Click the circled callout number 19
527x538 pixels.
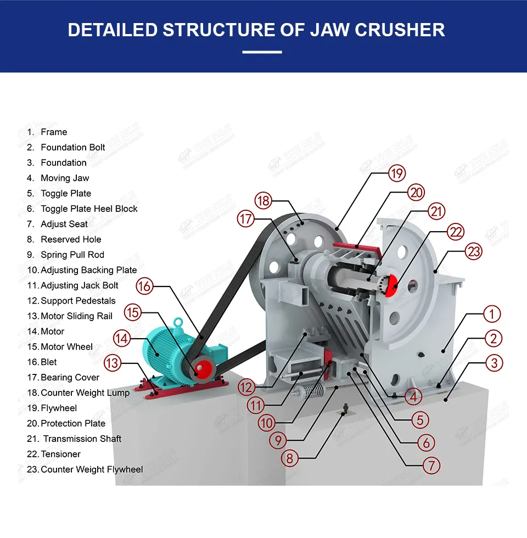pos(396,174)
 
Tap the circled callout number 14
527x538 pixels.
pos(122,339)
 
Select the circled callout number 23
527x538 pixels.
pos(474,251)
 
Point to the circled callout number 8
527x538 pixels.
pos(290,457)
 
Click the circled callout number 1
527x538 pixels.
pos(492,314)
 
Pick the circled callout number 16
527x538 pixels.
pos(144,286)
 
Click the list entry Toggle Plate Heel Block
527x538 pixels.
pos(89,209)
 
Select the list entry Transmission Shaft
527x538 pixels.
pos(82,439)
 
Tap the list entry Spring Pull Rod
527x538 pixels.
pos(72,255)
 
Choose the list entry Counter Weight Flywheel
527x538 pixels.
pos(92,469)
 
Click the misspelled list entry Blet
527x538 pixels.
pos(49,362)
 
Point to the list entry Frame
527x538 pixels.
pos(54,132)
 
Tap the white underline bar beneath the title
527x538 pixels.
pos(262,52)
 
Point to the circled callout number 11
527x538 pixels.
pos(256,406)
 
